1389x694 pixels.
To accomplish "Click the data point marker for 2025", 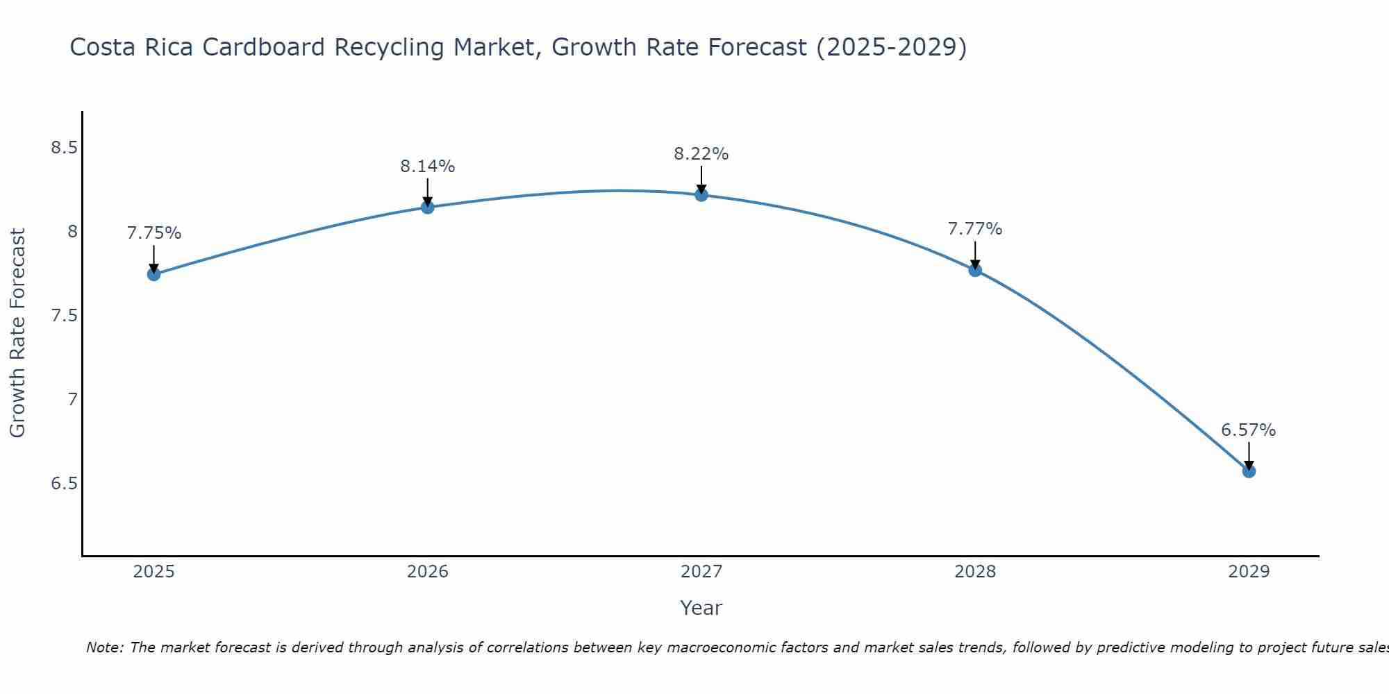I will point(154,274).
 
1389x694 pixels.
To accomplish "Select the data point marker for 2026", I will point(428,207).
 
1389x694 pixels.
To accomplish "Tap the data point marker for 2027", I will point(701,195).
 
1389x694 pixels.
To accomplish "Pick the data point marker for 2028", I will point(975,270).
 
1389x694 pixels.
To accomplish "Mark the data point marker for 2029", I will point(1249,471).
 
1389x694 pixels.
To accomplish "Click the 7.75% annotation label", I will point(154,233).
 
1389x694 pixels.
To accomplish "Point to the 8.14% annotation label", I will point(428,167).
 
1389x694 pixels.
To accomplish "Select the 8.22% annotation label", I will point(701,154).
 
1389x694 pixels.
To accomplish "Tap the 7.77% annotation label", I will point(975,229).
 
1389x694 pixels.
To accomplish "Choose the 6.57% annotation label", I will point(1249,430).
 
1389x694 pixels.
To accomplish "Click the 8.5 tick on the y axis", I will point(65,148).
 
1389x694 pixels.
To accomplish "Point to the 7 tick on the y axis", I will point(72,399).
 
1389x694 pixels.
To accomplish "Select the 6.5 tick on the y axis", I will point(65,483).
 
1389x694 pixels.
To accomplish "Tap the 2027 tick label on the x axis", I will point(701,572).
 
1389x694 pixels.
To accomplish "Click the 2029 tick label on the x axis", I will point(1249,572).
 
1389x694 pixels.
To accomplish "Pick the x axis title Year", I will point(701,608).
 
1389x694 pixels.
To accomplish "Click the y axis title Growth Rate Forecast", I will point(18,333).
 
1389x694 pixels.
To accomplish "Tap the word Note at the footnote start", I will point(104,648).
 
